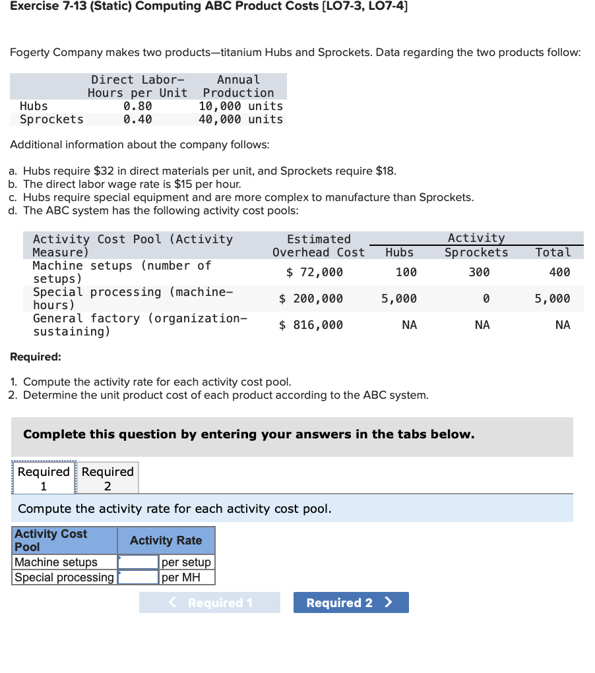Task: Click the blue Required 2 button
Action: pos(350,602)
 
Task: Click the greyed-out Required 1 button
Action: pos(209,602)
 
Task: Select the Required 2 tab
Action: pos(108,479)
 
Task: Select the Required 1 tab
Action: pos(44,479)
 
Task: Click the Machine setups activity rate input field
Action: pos(139,562)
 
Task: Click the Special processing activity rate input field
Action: pos(139,577)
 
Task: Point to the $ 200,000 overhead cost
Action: pos(311,299)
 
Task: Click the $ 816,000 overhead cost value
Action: pos(311,325)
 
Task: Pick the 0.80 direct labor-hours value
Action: pos(137,106)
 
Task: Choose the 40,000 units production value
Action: pos(241,119)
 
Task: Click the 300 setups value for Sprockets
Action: pos(479,272)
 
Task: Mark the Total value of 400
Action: pos(559,272)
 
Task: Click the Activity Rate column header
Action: pos(166,541)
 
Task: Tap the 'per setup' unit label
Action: pos(186,562)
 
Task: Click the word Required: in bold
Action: pos(36,357)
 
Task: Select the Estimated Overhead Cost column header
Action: pos(319,246)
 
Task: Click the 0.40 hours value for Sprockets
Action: pos(137,119)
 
